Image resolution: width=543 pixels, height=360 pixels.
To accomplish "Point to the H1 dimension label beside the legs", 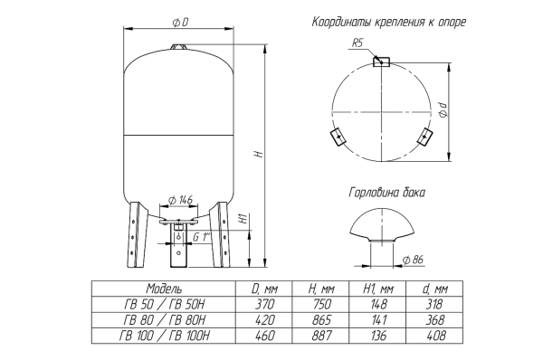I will coord(242,219).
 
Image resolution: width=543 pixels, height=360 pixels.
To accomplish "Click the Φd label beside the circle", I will coord(443,112).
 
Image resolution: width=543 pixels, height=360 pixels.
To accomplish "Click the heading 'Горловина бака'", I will coord(386,193).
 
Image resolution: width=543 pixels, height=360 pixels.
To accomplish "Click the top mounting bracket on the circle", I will coord(382,62).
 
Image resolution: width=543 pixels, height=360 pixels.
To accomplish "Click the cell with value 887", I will coord(317,336).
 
